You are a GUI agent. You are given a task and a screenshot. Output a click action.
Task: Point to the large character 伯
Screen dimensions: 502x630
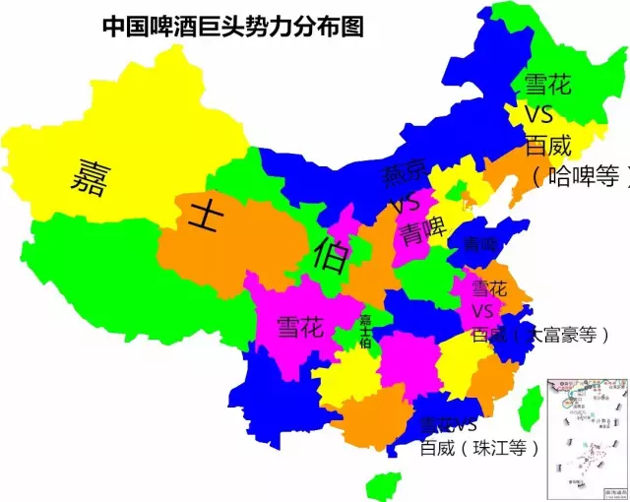330,258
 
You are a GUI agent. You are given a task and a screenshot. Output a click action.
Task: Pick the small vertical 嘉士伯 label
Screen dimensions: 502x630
365,332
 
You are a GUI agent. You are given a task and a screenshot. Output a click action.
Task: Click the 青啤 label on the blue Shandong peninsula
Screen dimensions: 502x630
481,243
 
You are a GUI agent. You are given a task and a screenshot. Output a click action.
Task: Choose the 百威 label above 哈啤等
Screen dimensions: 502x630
547,147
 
